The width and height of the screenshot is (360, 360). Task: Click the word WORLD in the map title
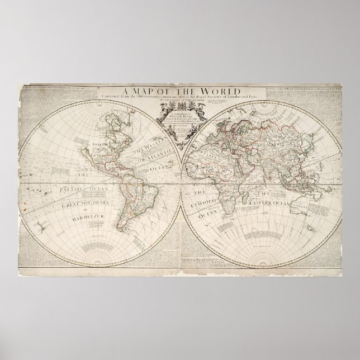tap(220, 91)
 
